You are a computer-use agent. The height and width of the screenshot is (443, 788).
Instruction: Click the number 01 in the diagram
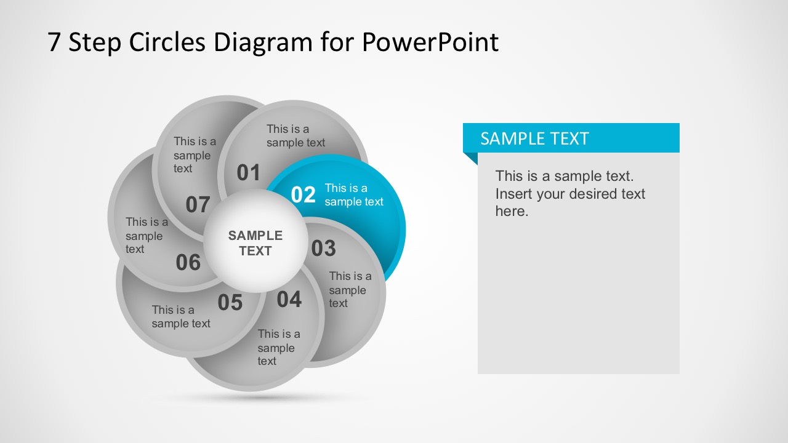(249, 173)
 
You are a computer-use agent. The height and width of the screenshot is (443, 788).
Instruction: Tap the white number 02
(303, 194)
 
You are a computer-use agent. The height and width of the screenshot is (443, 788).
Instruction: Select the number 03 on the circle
(323, 249)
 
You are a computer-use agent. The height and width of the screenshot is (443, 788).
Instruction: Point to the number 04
(289, 300)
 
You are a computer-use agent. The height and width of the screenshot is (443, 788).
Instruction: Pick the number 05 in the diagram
(230, 303)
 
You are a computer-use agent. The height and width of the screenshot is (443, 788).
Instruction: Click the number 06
(188, 263)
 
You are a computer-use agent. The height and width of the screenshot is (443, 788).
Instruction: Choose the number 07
(198, 205)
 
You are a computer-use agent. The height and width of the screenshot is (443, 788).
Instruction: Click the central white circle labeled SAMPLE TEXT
(255, 242)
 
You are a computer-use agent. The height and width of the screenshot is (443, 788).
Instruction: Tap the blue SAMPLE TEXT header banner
(571, 138)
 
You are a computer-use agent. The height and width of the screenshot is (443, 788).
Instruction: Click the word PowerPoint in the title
(430, 42)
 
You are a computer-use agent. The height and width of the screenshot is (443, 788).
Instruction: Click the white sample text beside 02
(354, 195)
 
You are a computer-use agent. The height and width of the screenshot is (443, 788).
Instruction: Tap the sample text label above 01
(295, 135)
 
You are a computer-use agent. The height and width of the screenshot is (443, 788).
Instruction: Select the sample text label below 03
(350, 289)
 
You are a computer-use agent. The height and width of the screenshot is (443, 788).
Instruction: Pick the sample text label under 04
(278, 347)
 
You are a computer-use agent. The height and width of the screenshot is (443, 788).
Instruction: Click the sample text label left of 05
(181, 316)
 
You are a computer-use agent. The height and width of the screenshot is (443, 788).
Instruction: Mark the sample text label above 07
(195, 154)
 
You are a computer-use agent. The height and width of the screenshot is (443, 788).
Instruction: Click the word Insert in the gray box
(515, 194)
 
